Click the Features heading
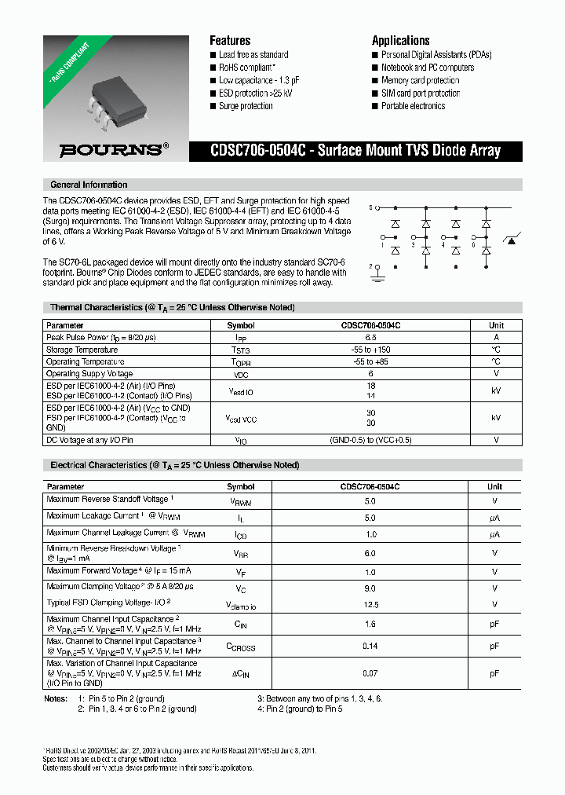click(x=230, y=40)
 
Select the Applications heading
click(x=400, y=40)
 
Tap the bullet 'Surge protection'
click(x=246, y=106)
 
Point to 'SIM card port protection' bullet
click(x=421, y=93)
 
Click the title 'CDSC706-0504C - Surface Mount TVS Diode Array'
click(x=355, y=150)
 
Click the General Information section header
click(x=89, y=185)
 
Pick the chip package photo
click(x=115, y=90)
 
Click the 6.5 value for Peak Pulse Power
click(x=371, y=337)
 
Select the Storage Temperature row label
click(x=82, y=350)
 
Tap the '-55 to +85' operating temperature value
click(x=371, y=361)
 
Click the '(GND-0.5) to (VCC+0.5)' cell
click(x=371, y=441)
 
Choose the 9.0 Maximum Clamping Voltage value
click(x=371, y=588)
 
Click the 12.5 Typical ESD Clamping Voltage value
click(x=371, y=605)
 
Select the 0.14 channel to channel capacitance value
click(x=371, y=646)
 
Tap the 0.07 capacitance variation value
click(x=371, y=673)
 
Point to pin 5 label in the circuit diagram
click(x=370, y=208)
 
